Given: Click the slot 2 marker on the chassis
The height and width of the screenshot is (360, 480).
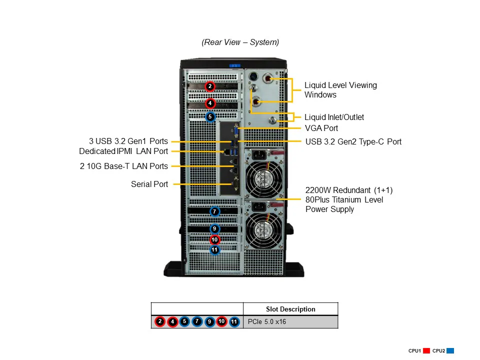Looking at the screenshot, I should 210,86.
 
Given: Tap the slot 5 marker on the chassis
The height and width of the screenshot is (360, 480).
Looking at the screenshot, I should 210,117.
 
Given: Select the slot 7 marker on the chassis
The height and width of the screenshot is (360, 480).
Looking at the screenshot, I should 214,211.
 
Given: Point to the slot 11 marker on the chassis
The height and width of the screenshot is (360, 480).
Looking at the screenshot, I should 214,249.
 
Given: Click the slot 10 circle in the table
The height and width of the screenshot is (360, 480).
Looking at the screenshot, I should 222,321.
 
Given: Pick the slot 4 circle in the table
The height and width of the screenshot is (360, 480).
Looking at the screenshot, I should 172,321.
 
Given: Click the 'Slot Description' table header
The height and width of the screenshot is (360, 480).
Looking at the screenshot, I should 290,309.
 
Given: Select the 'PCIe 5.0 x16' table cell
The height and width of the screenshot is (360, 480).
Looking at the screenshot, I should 266,322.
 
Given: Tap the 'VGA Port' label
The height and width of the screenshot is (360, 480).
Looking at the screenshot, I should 321,128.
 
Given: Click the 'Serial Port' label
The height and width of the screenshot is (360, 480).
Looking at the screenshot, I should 149,184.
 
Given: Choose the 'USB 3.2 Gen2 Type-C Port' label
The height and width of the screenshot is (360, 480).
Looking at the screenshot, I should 353,141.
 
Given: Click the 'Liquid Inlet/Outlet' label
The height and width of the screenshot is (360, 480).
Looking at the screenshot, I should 334,117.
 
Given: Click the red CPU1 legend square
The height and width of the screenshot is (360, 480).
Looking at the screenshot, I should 426,351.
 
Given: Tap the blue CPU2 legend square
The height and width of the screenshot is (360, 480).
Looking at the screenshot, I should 450,351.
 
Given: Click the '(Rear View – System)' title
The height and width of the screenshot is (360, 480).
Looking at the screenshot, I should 240,42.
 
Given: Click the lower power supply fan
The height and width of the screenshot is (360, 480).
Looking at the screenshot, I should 263,230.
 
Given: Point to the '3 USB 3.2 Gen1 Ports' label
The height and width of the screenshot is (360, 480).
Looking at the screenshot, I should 128,141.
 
